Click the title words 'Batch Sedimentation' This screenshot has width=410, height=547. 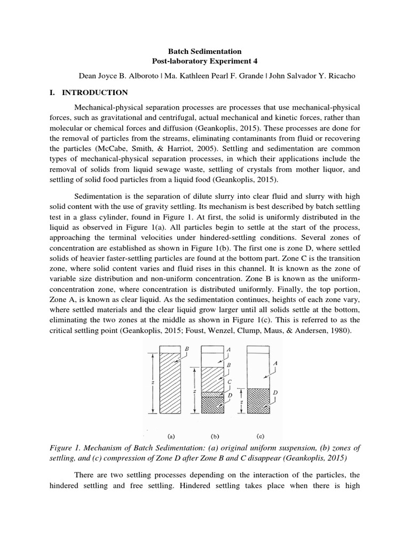tap(205, 51)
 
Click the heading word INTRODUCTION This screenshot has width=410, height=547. tap(95, 92)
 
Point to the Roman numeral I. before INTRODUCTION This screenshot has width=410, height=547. tap(52, 92)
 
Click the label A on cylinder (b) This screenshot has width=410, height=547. tap(228, 350)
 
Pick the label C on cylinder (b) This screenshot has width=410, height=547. tap(229, 382)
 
